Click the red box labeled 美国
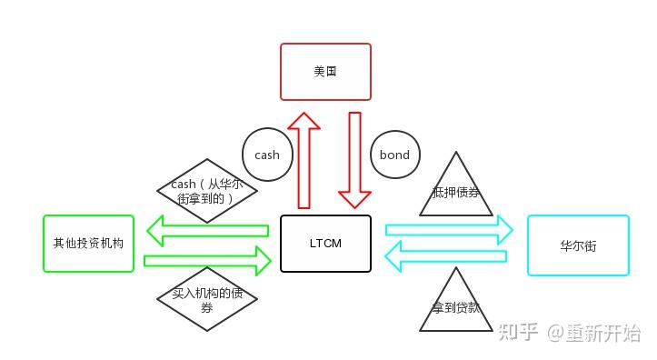(x=325, y=71)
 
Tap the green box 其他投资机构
(x=88, y=244)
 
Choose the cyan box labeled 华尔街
(x=578, y=245)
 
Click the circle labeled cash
(x=267, y=155)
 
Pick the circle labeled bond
(x=394, y=155)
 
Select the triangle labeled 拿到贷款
(x=455, y=305)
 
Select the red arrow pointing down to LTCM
(x=354, y=160)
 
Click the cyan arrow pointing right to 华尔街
(x=449, y=230)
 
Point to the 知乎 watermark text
(x=520, y=333)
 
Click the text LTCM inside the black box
(x=325, y=244)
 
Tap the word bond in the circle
(x=394, y=155)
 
